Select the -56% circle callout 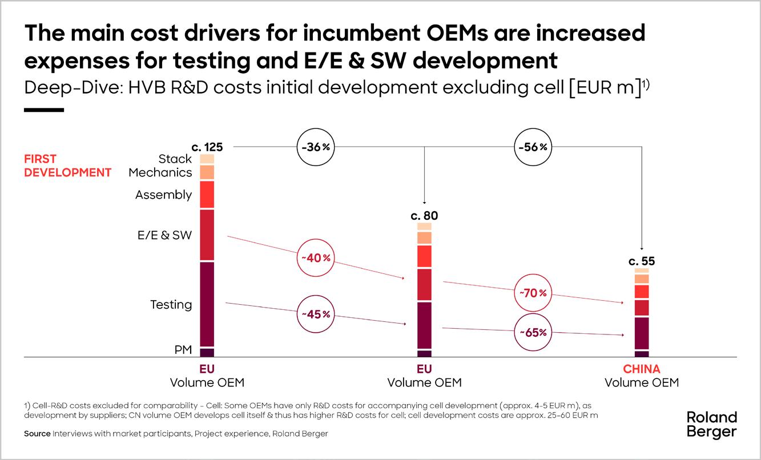pos(532,147)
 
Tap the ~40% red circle pos(314,257)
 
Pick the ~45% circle pos(314,314)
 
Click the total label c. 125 pos(207,147)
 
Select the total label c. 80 pos(424,216)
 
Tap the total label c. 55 pos(642,262)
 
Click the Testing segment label pos(171,305)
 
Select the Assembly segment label pos(163,195)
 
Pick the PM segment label pos(183,350)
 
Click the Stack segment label pos(175,159)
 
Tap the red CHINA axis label pos(642,369)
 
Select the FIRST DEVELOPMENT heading pos(67,166)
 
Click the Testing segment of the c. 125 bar pos(207,304)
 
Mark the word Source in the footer pos(37,434)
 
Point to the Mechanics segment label pos(160,172)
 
